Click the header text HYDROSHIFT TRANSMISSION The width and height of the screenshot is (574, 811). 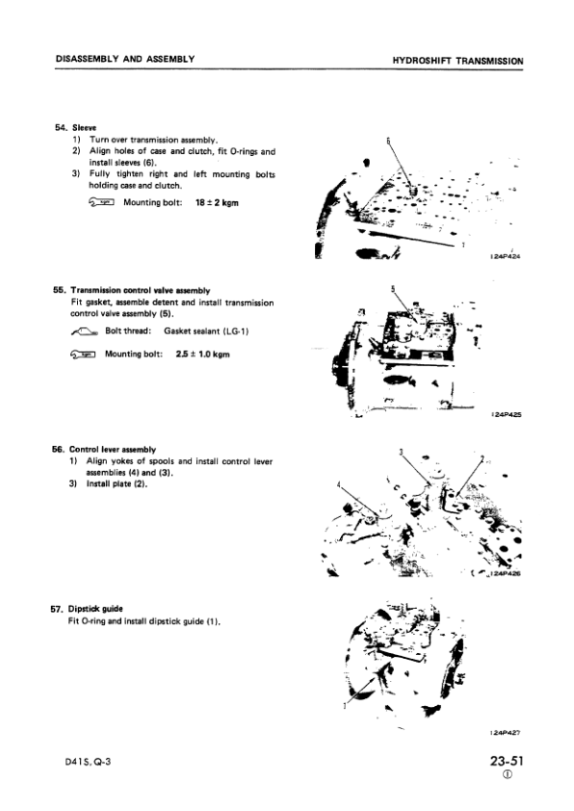(x=457, y=60)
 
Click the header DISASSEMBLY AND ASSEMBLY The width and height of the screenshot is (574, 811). (x=125, y=59)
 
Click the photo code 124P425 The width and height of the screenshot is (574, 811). (x=507, y=415)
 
